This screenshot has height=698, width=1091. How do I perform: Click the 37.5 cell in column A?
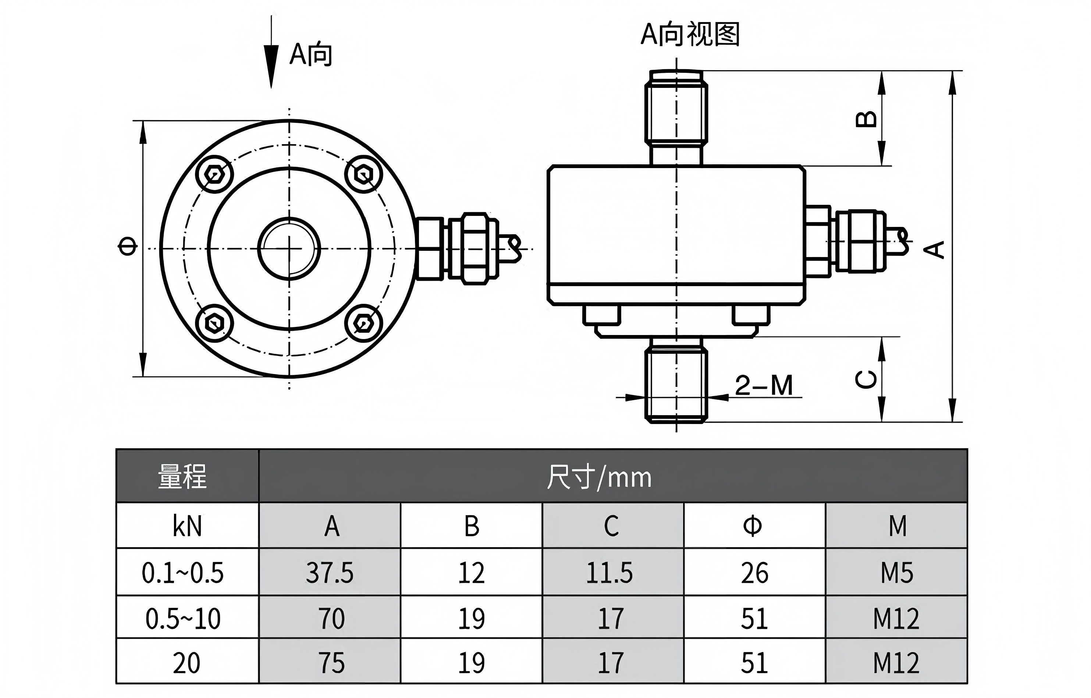(330, 573)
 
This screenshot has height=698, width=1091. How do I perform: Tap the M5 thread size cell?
(896, 573)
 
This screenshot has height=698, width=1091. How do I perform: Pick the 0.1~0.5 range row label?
(183, 573)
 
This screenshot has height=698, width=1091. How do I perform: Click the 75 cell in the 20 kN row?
(332, 663)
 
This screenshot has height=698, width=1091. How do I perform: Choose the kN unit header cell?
(187, 526)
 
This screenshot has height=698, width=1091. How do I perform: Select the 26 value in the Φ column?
(754, 573)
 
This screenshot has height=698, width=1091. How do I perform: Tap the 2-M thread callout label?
(764, 386)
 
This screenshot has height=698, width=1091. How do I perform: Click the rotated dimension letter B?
(866, 119)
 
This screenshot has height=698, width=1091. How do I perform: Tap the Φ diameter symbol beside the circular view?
(127, 247)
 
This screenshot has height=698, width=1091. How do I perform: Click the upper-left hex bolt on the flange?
(214, 174)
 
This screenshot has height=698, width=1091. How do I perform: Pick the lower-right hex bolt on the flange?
(363, 324)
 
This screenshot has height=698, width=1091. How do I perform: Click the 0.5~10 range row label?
(183, 619)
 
